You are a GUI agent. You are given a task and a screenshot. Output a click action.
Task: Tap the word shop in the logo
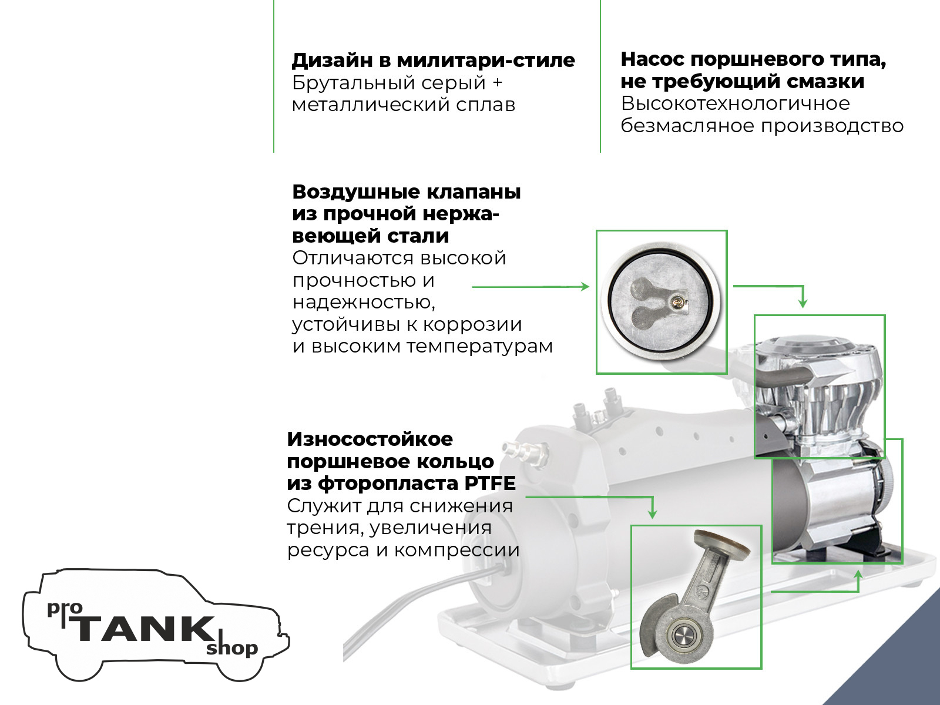[x=232, y=649]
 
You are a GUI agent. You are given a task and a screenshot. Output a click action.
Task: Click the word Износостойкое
[x=370, y=439]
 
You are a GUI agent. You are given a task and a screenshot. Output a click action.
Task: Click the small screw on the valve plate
[x=677, y=302]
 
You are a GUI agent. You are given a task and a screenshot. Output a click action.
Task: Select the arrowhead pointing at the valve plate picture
[x=585, y=286]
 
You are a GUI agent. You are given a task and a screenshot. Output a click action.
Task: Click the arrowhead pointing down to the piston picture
[x=652, y=513]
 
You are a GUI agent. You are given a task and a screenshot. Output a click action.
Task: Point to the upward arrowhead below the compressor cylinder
[x=858, y=575]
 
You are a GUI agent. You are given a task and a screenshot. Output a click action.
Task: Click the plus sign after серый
[x=497, y=83]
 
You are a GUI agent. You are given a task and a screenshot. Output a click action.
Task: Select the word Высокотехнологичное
[x=736, y=103]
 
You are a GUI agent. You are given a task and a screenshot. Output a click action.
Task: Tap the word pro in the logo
[x=65, y=609]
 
